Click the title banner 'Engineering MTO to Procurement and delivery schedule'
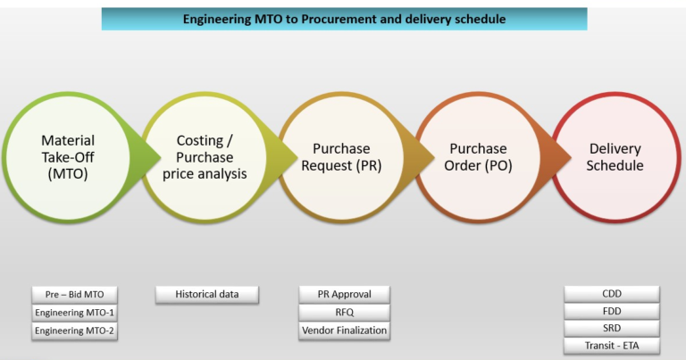click(344, 19)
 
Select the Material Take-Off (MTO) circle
click(68, 157)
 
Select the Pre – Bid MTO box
click(74, 294)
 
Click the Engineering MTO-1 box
click(74, 313)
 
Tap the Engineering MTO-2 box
click(74, 331)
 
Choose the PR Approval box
click(345, 294)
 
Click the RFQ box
click(345, 313)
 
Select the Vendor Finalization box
click(345, 331)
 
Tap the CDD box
click(612, 294)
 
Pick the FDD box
click(612, 312)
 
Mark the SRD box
click(612, 329)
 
